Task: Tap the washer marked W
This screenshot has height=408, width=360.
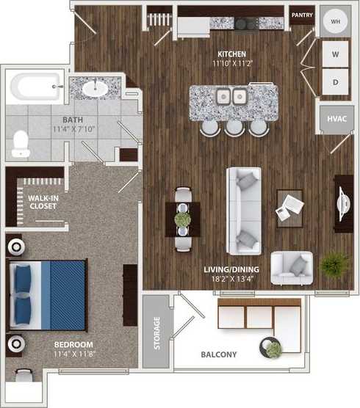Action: click(334, 54)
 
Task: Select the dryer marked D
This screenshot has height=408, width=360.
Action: click(334, 83)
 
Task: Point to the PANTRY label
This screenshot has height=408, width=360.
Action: click(302, 15)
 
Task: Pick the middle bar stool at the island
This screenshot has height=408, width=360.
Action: click(234, 127)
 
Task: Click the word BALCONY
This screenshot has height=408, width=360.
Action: click(219, 355)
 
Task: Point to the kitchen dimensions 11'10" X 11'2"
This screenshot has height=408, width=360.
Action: click(231, 64)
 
